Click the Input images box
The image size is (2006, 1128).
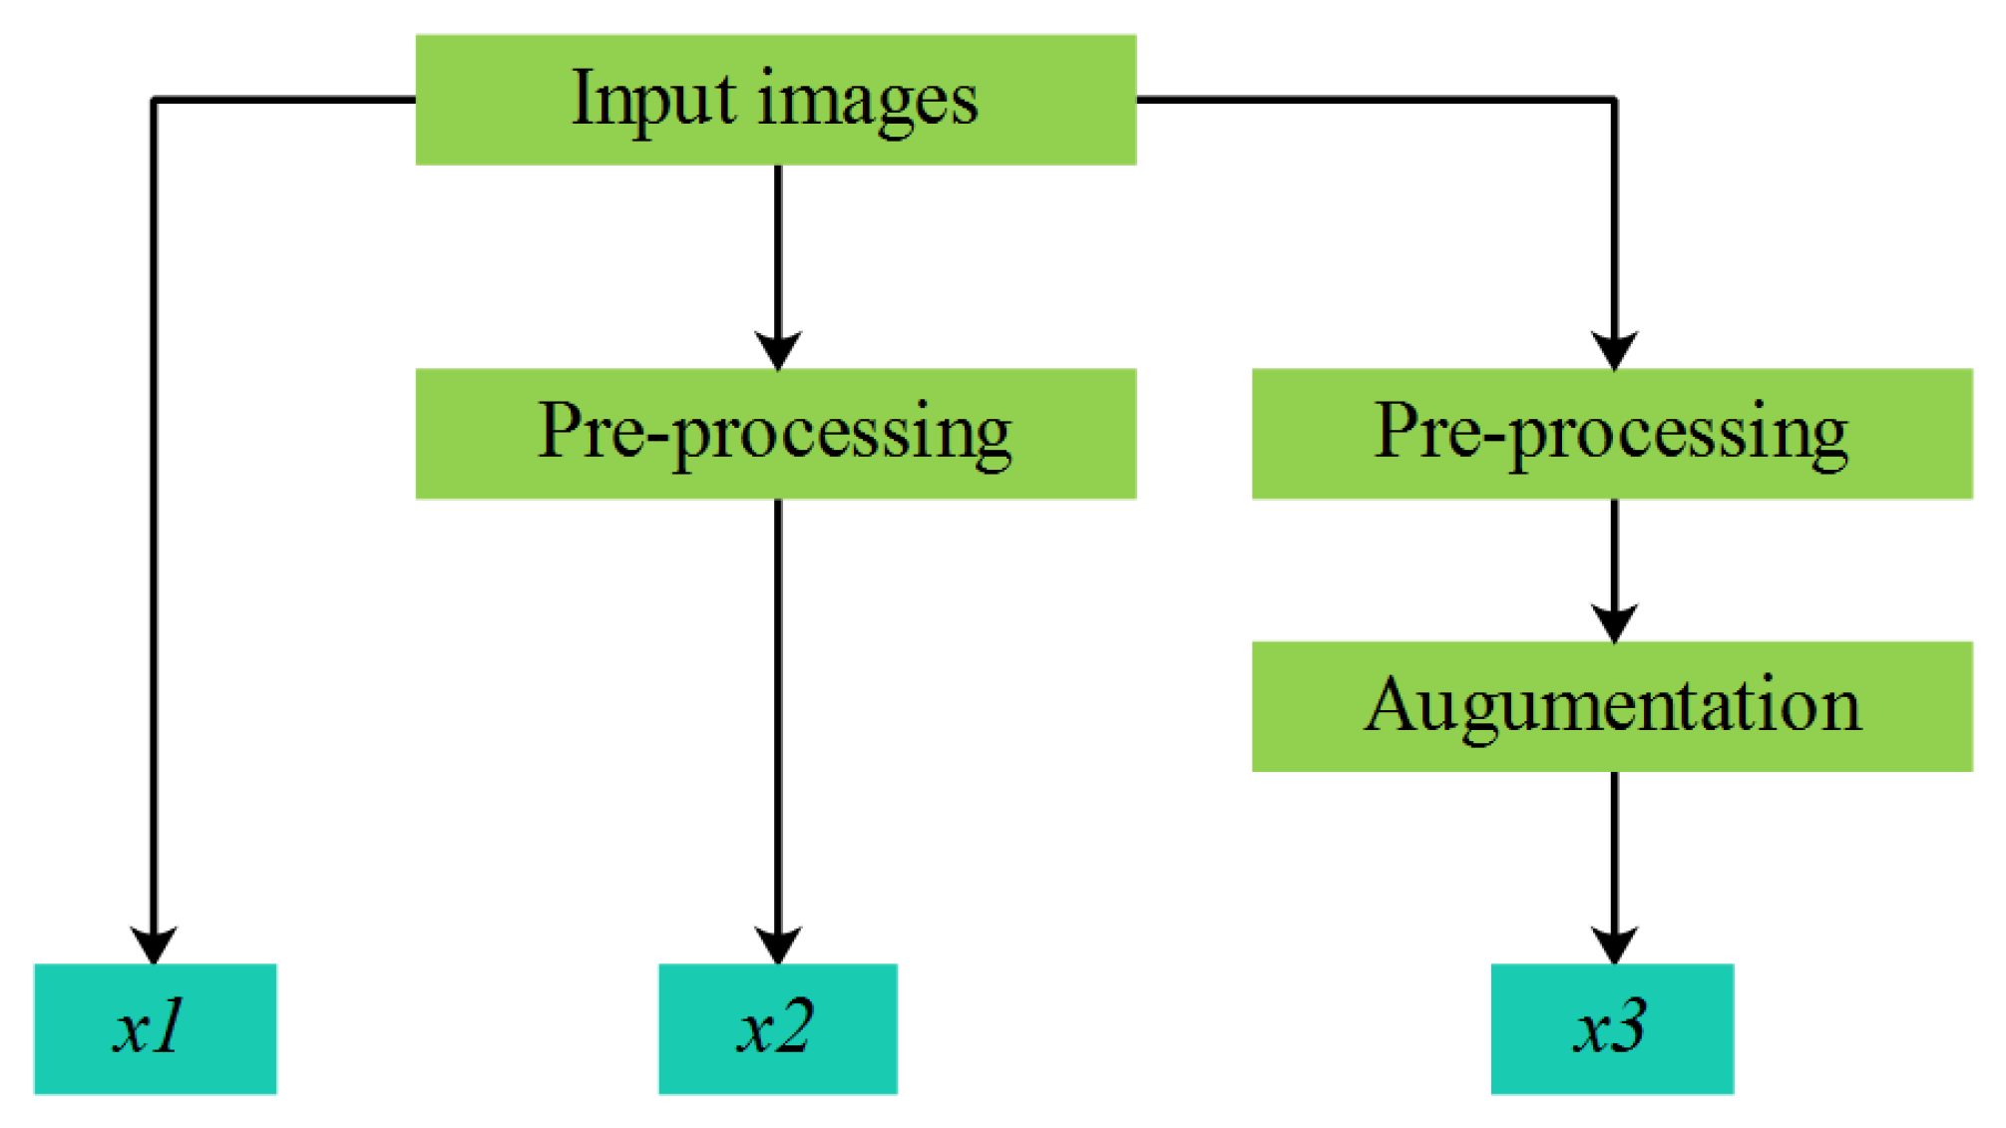click(775, 100)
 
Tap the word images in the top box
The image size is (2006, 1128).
click(867, 103)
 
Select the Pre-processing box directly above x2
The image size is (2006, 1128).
click(775, 433)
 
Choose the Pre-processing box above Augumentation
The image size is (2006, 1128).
click(1611, 433)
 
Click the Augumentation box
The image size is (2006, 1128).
click(1611, 706)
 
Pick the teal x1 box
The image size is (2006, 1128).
click(155, 1028)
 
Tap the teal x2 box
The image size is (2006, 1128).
click(777, 1028)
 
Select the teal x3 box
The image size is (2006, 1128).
click(1611, 1028)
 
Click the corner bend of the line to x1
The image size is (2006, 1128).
click(154, 100)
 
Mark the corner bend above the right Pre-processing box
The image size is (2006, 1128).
click(1614, 100)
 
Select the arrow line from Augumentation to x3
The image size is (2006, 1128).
click(1614, 848)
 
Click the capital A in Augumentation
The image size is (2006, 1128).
click(1392, 705)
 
